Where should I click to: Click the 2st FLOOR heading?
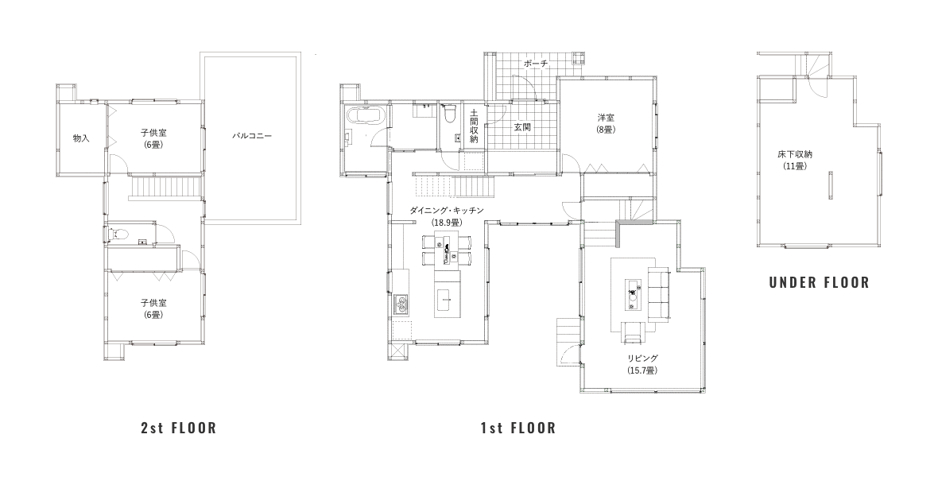(x=178, y=428)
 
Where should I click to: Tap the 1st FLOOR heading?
(x=518, y=428)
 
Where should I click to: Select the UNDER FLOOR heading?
(x=819, y=282)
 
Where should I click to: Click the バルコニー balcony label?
(x=253, y=136)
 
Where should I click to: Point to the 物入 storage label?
(x=81, y=138)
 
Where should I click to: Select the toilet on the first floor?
(x=449, y=114)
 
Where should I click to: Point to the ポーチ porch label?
(x=536, y=64)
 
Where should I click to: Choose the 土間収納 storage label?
(x=474, y=126)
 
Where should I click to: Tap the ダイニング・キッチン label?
(x=446, y=211)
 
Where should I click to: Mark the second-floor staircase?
(x=165, y=188)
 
